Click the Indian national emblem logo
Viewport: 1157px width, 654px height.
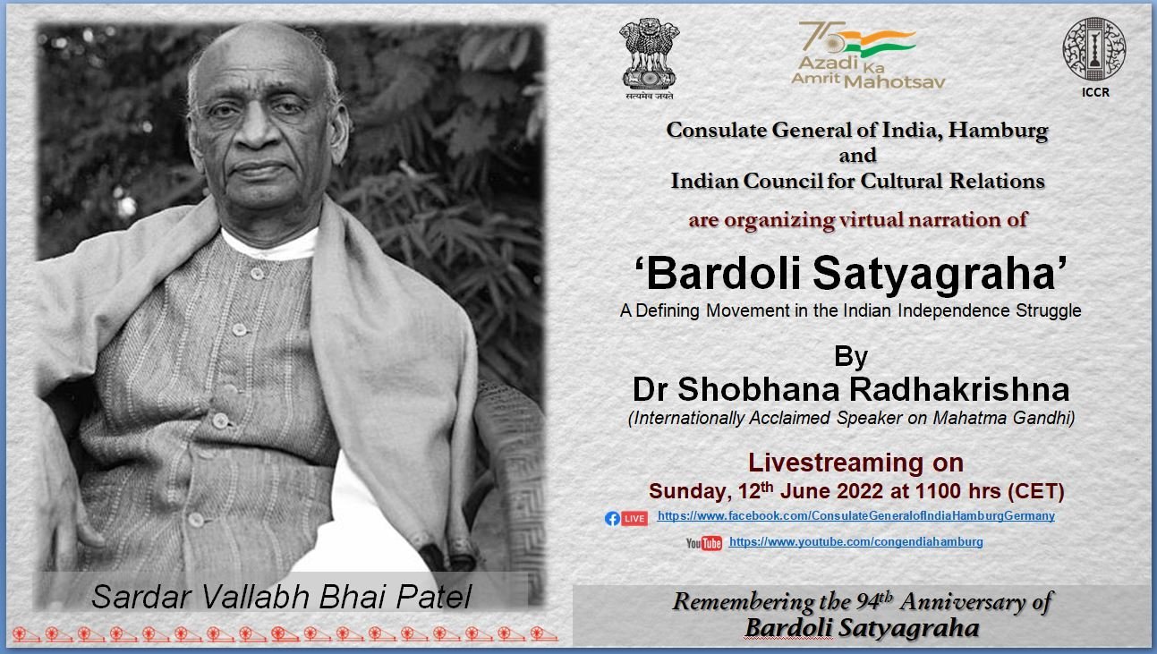(650, 58)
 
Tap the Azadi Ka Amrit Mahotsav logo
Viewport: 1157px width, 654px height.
(868, 55)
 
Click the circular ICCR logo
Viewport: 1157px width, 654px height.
(1094, 49)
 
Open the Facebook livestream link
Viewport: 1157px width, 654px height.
(855, 516)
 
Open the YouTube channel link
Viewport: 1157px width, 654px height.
(855, 542)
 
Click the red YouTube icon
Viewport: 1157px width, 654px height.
(711, 543)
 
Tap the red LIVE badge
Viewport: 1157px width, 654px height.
(634, 518)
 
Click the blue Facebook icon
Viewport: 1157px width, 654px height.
(612, 519)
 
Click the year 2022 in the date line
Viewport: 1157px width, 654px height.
(861, 491)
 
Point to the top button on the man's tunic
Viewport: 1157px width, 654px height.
(257, 274)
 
